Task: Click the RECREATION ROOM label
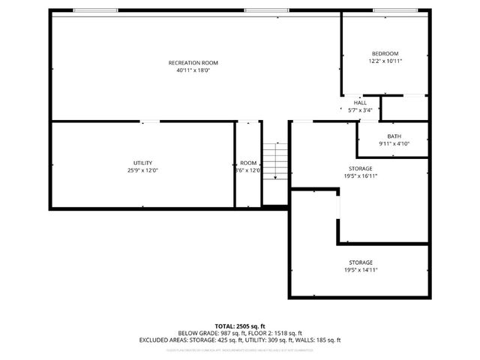(193, 62)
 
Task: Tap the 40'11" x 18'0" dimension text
(193, 70)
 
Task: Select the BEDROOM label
(385, 53)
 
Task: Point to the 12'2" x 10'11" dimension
(385, 61)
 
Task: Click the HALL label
(360, 103)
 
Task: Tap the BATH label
(394, 136)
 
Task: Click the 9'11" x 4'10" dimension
(394, 143)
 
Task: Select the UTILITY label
(142, 163)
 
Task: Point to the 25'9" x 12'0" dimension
(142, 170)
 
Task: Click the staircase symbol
(275, 160)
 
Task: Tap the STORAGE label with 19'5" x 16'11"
(360, 169)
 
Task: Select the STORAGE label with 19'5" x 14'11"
(360, 262)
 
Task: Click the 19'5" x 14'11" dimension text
(360, 270)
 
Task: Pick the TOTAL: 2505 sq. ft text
(239, 326)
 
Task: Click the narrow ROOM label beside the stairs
(248, 163)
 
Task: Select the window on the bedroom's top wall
(395, 10)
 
